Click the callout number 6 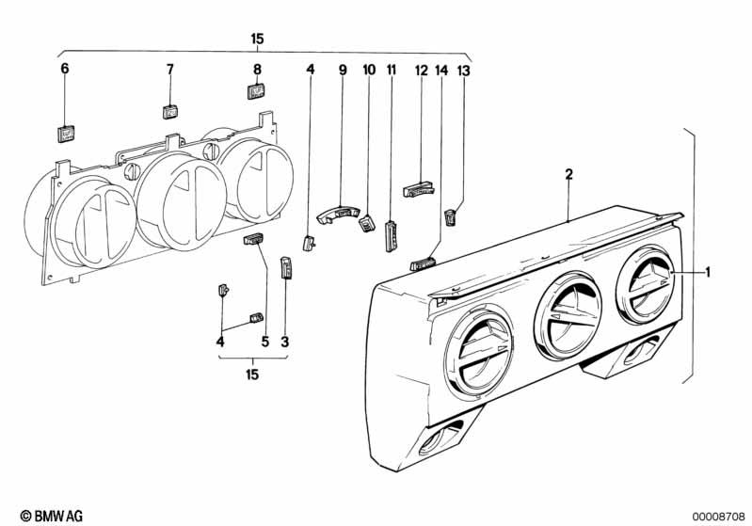[65, 69]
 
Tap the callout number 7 [170, 70]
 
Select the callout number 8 [258, 70]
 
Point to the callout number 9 [343, 70]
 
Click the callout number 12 [421, 71]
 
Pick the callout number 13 [464, 71]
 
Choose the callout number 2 [568, 174]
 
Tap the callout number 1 [708, 272]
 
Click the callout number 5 [265, 342]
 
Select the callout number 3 [285, 342]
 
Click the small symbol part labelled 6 [66, 135]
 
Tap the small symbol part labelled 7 [170, 112]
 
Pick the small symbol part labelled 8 [257, 91]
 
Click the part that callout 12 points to [419, 189]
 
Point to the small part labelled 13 [449, 217]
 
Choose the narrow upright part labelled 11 [391, 235]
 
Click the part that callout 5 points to [253, 239]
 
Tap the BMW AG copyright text [52, 516]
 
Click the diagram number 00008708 [718, 517]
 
